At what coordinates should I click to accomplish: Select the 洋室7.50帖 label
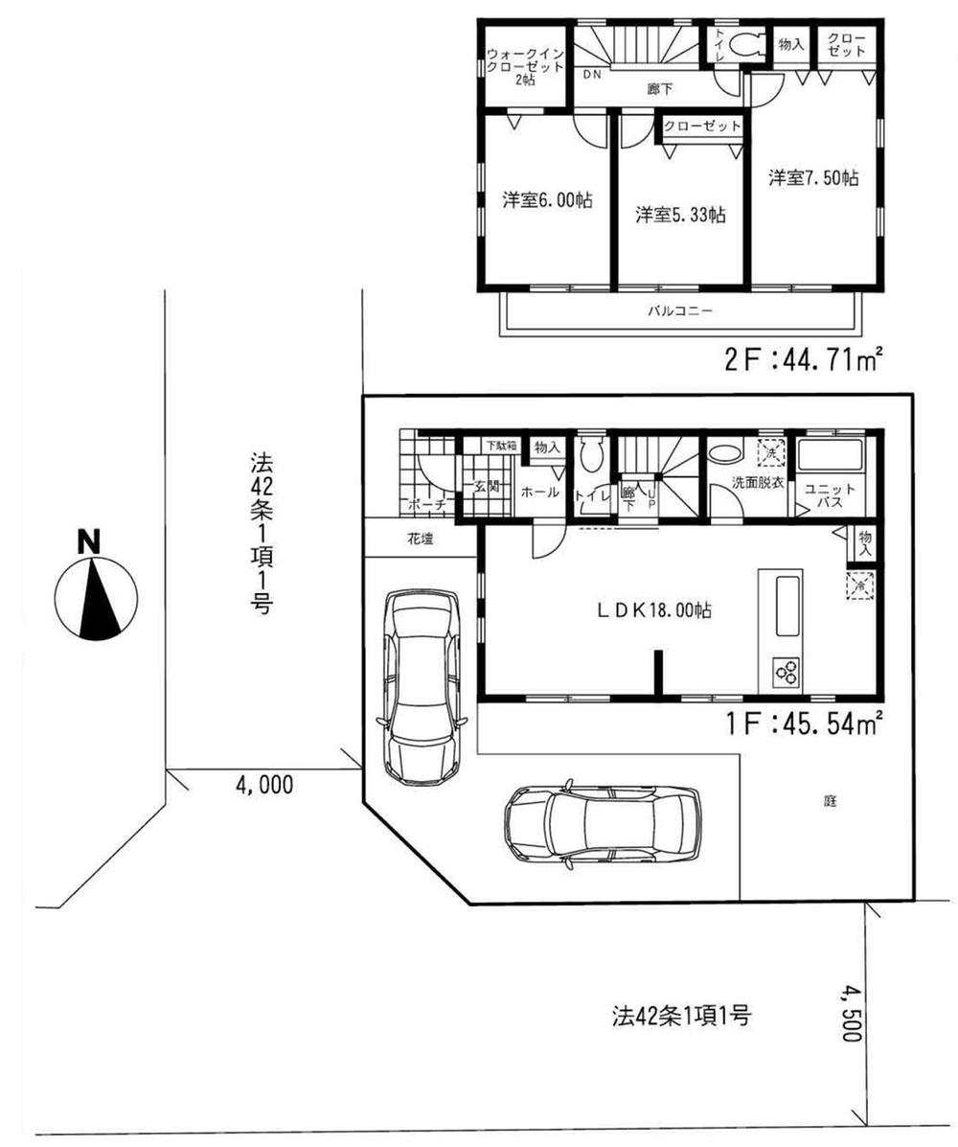point(812,179)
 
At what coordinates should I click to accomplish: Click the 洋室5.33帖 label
point(679,215)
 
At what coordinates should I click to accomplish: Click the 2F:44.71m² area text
point(802,361)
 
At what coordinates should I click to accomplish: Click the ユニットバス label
point(824,493)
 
